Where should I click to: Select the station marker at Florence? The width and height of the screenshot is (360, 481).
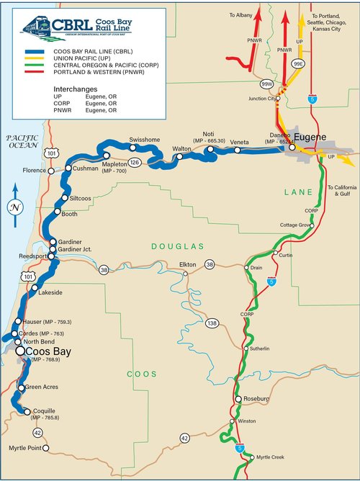coord(50,171)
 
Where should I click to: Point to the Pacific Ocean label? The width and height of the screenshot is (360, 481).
coord(22,141)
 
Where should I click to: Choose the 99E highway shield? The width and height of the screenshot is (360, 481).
coord(298,64)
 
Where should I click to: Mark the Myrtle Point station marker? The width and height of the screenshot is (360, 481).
coord(45,448)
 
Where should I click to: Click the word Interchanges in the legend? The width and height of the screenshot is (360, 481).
coord(75,85)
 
